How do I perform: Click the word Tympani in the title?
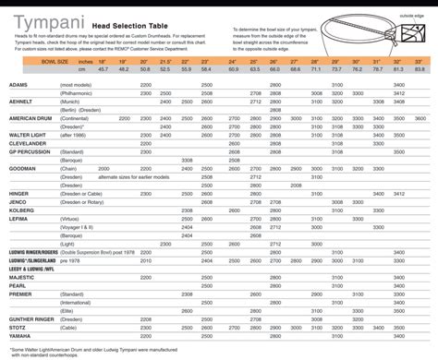(x=35, y=16)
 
